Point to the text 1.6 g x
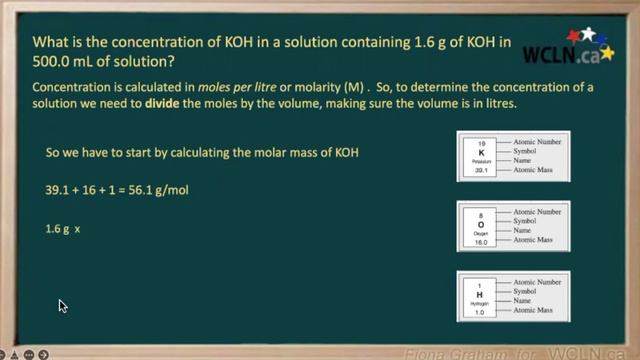[x=62, y=229]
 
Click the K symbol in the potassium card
[x=481, y=154]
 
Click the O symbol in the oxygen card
[x=481, y=223]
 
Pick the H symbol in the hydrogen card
[x=481, y=294]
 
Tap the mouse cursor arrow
[x=62, y=306]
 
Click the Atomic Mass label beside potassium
[x=538, y=171]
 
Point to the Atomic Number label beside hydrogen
[x=541, y=282]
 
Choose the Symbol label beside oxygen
[x=531, y=221]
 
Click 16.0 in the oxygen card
[x=481, y=241]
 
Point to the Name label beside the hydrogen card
[x=527, y=300]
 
